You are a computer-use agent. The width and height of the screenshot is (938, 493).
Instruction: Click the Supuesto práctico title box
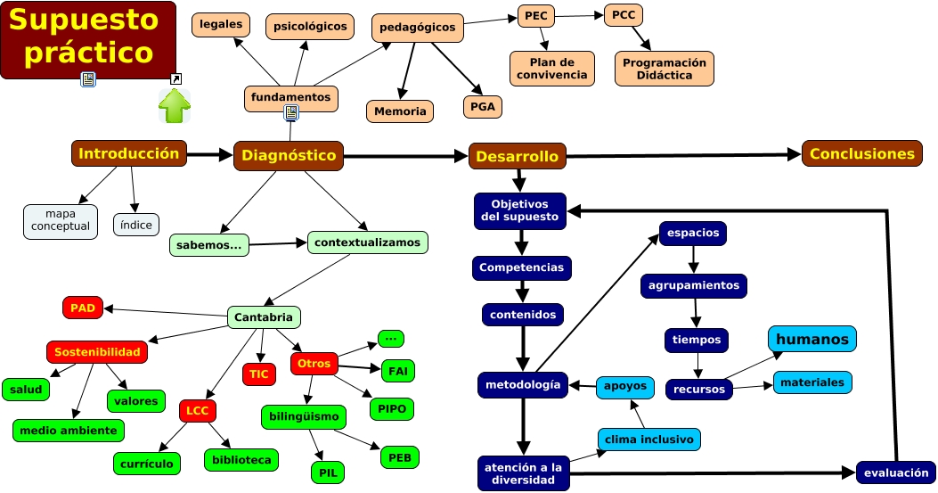[88, 40]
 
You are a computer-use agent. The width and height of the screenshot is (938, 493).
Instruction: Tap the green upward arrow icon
[175, 106]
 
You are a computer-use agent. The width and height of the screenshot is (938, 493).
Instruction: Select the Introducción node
[129, 153]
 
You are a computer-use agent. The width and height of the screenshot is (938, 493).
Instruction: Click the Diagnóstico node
[289, 155]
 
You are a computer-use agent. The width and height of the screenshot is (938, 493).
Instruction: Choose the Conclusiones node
[861, 153]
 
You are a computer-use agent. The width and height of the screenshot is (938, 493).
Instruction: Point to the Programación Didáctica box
[664, 69]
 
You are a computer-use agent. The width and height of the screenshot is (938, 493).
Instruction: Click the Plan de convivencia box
[551, 69]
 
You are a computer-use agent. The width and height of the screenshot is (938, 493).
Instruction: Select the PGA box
[483, 107]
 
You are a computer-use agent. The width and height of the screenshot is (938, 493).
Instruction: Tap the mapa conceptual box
[61, 221]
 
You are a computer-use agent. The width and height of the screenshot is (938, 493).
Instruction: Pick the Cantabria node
[264, 317]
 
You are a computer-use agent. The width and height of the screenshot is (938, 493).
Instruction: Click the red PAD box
[83, 308]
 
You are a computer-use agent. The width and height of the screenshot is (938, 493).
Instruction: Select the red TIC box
[259, 374]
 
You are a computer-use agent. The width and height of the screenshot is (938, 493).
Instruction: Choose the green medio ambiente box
[69, 431]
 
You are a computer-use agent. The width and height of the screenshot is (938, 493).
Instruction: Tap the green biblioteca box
[241, 460]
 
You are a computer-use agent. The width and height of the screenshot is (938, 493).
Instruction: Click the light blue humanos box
[812, 339]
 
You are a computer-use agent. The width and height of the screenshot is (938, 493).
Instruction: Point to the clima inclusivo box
[648, 440]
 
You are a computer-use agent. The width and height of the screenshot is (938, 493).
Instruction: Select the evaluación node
[895, 472]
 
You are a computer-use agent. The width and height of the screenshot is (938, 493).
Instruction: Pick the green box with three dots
[390, 339]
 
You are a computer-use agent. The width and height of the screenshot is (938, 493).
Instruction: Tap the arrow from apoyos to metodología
[583, 386]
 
